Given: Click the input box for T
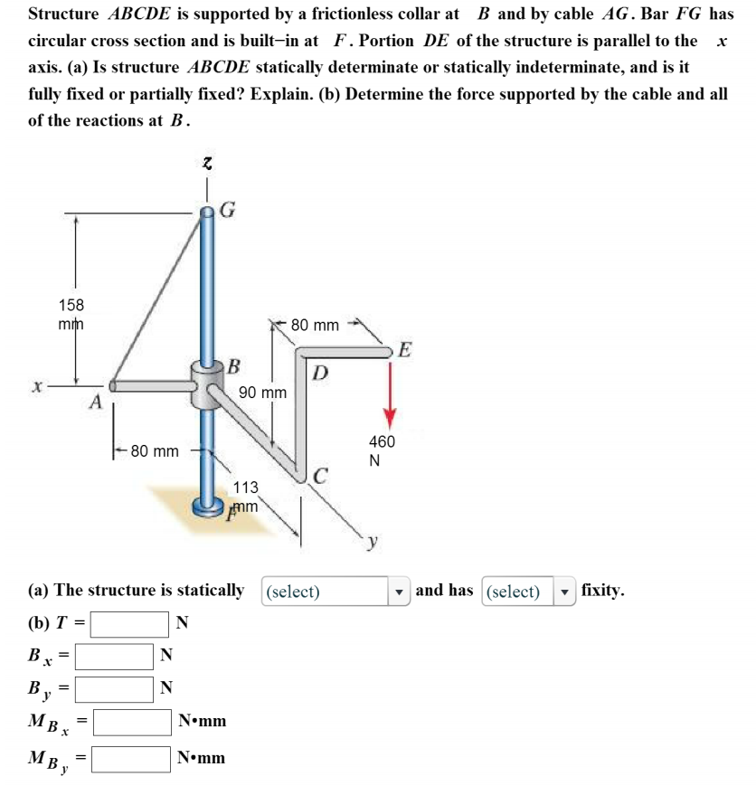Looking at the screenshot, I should pos(128,623).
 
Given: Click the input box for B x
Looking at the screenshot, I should pos(114,656).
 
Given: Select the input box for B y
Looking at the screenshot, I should pos(114,689).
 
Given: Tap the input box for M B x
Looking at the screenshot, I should pos(133,722).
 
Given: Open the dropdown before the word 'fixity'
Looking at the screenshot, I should pos(528,592).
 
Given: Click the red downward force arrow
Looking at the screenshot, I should pos(390,389).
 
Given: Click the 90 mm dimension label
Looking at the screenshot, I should pos(263,393).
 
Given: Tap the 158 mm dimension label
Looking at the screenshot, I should pos(70,315).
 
